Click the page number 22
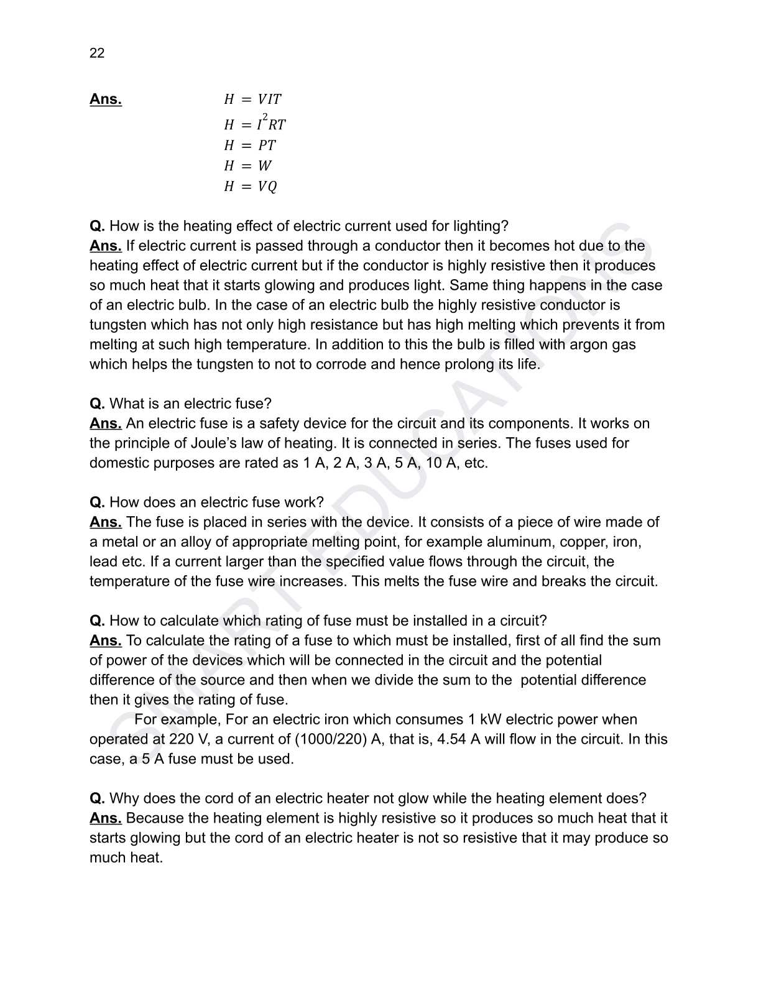point(97,53)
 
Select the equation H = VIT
point(252,99)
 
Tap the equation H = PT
point(250,146)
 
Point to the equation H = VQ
point(251,187)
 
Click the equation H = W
point(248,166)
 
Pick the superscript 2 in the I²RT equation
point(265,117)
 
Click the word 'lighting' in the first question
point(480,226)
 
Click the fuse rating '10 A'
point(441,463)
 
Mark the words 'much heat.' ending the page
point(126,858)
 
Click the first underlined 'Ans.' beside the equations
point(106,99)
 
